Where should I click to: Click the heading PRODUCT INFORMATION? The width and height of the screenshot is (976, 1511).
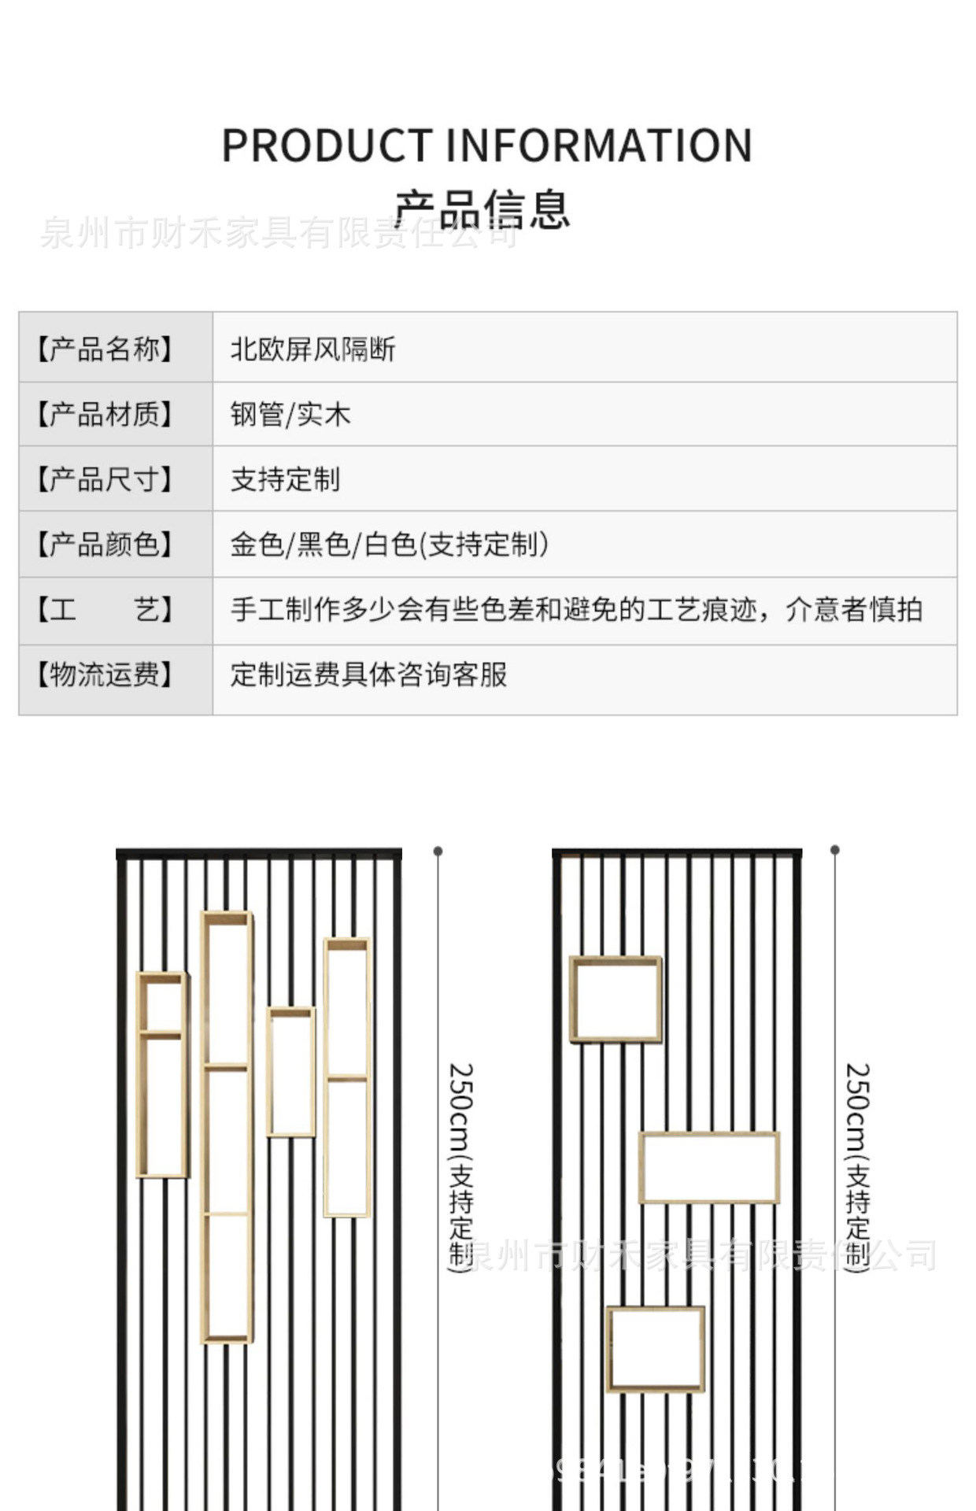487,146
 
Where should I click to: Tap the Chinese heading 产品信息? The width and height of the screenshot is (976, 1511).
482,209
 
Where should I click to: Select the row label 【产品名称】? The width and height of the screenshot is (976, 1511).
105,349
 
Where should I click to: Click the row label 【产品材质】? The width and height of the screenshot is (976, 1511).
105,414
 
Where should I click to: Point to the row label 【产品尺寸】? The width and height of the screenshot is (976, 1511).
105,479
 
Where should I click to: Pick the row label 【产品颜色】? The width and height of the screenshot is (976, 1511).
105,544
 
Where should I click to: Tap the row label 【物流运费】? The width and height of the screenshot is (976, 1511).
105,674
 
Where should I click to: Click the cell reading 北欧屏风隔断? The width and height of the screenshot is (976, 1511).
312,349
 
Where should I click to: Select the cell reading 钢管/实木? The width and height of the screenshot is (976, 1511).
290,414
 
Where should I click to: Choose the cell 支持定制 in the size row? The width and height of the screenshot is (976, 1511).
285,479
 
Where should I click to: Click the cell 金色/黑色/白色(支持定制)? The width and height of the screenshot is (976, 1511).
389,544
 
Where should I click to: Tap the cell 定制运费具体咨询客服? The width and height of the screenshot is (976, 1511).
368,674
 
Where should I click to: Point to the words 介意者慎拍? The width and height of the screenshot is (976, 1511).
853,609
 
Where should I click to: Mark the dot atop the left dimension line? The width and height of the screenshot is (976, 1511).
438,851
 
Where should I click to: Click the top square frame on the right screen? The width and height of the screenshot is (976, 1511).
616,999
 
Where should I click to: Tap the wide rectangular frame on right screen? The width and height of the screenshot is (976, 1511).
709,1168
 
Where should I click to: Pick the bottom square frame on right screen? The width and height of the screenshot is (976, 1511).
655,1349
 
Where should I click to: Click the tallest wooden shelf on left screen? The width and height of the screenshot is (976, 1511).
227,1127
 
